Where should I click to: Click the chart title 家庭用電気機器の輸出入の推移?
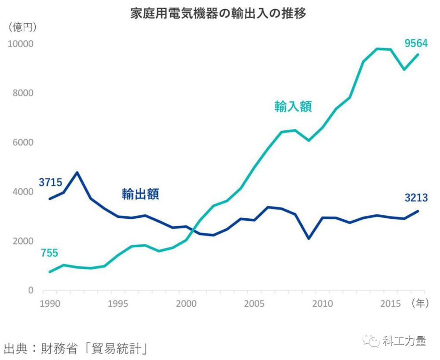point(218,13)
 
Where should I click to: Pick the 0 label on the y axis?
point(31,290)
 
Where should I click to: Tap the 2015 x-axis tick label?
point(390,304)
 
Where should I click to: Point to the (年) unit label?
point(420,303)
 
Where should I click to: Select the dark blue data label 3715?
point(50,182)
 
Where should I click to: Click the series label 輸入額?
point(293,107)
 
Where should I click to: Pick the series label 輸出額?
point(140,194)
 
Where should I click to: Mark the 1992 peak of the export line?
point(77,173)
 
